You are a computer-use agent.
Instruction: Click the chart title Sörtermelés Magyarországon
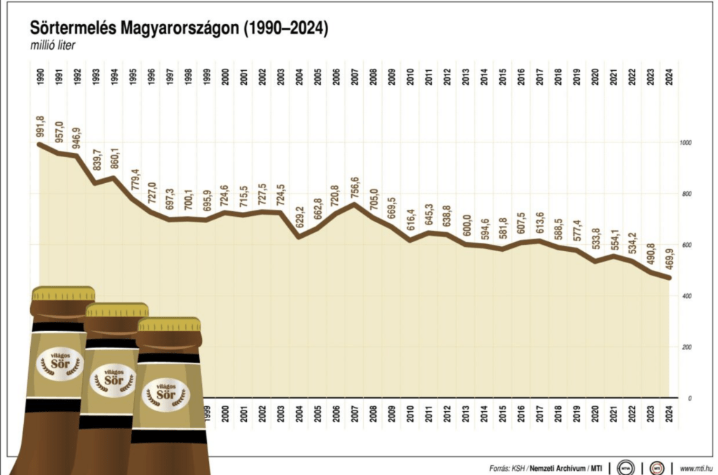[x=179, y=28]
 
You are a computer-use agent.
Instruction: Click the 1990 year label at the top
[x=39, y=76]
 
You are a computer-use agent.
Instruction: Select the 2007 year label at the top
[x=355, y=76]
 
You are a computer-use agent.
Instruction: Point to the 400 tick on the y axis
[x=686, y=296]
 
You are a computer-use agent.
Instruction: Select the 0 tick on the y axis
[x=690, y=398]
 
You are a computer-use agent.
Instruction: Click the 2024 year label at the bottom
[x=670, y=413]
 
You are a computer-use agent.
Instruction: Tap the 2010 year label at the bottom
[x=409, y=413]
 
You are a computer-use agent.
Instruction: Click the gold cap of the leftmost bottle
[x=63, y=293]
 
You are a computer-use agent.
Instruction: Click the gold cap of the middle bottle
[x=116, y=309]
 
